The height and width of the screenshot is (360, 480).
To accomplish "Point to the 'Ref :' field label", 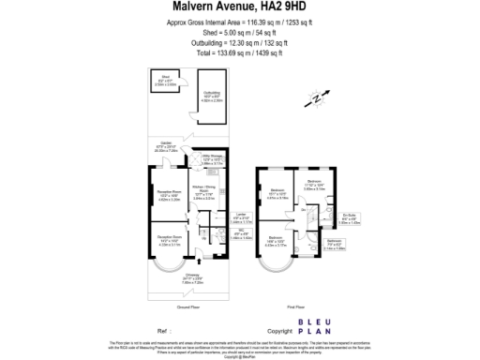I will click(x=163, y=331).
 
